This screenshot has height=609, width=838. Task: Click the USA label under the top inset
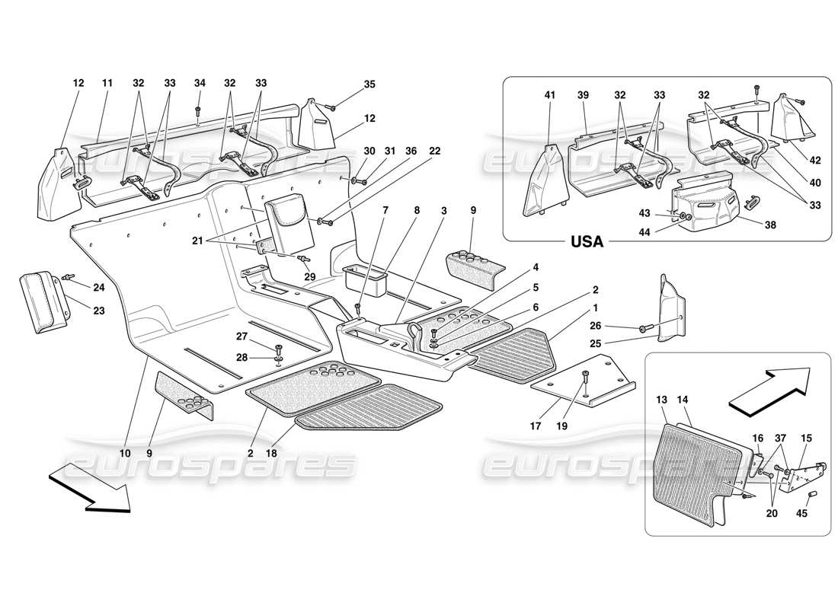pos(587,242)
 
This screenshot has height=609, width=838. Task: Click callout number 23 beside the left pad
pos(78,311)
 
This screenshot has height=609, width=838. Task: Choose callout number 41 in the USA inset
pos(550,96)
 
